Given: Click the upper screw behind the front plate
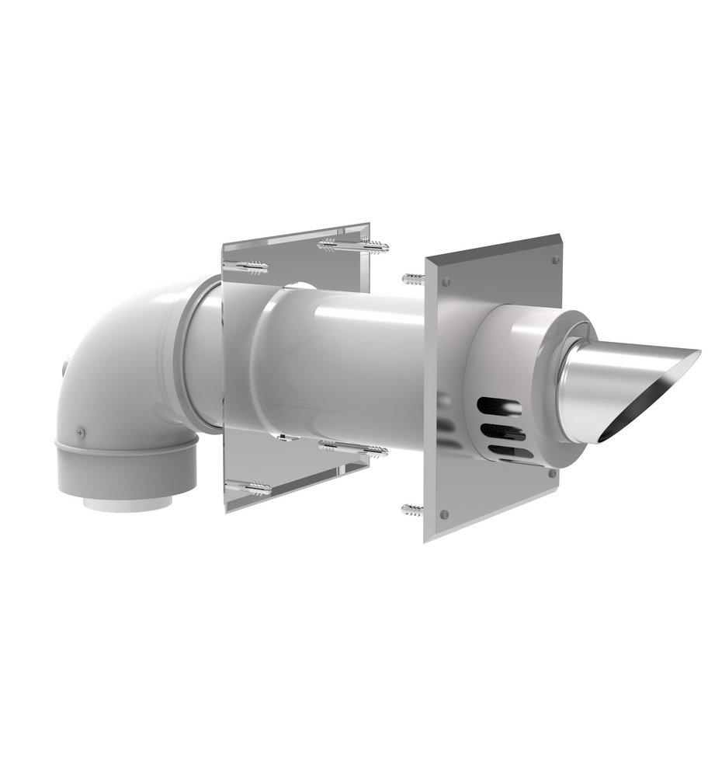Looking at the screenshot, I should click(412, 277).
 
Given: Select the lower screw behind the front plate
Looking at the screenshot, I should click(412, 509).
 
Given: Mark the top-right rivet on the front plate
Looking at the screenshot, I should click(554, 260).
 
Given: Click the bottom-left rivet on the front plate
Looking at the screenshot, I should click(443, 514).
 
